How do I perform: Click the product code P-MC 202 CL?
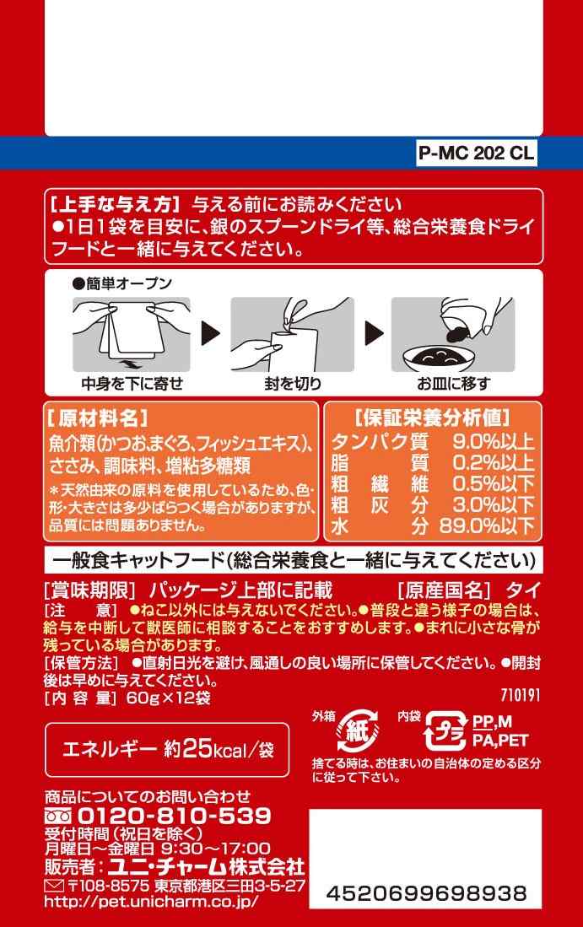click(x=477, y=154)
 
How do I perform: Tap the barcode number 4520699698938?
click(x=426, y=892)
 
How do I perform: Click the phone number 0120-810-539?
click(x=175, y=816)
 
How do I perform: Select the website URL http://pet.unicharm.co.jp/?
click(x=151, y=903)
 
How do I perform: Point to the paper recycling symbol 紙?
click(x=357, y=732)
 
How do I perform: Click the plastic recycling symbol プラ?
click(x=445, y=732)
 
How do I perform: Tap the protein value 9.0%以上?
click(x=494, y=442)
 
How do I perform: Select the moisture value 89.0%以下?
click(x=487, y=525)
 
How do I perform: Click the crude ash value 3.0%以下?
click(x=494, y=505)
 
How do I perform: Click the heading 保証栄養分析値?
click(x=432, y=418)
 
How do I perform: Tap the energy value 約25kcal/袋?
click(x=219, y=750)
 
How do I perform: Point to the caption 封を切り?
click(x=293, y=384)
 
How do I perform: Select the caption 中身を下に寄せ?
click(x=132, y=384)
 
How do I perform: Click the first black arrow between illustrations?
click(x=210, y=333)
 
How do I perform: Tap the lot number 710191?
click(x=521, y=695)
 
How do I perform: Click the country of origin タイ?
click(x=523, y=590)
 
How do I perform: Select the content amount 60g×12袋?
click(x=169, y=698)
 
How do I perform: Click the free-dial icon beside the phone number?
click(x=58, y=817)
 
